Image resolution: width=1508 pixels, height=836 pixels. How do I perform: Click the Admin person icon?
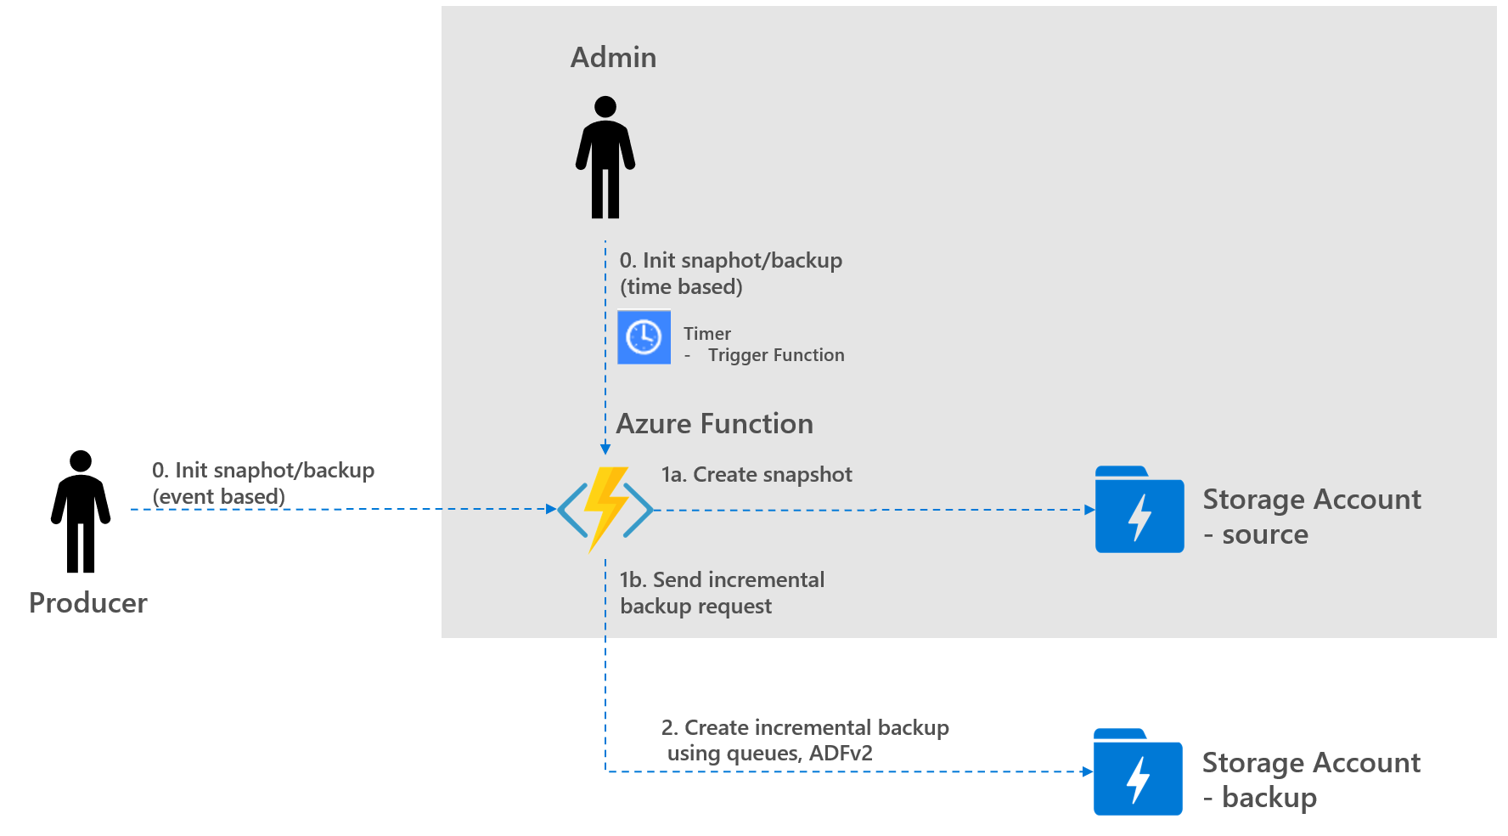[x=605, y=158]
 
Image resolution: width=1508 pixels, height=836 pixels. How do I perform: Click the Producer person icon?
[x=81, y=511]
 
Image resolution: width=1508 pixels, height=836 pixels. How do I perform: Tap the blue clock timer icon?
[x=644, y=337]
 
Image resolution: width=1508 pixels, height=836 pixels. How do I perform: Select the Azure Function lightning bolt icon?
[x=605, y=509]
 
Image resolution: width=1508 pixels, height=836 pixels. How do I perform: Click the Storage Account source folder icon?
[x=1139, y=510]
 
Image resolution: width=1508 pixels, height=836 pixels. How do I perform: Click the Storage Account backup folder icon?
[x=1137, y=772]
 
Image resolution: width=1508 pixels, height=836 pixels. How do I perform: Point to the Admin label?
[x=613, y=58]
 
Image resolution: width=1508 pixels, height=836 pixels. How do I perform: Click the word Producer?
[x=88, y=603]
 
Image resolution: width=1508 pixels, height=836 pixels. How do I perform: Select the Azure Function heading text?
[x=714, y=423]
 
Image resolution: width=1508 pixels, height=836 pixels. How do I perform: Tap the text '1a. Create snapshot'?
[x=757, y=475]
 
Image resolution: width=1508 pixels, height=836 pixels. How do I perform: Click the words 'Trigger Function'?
[x=776, y=355]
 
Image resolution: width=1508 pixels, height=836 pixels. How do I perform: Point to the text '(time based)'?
[x=681, y=287]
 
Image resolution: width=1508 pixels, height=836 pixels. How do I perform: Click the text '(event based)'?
[x=218, y=496]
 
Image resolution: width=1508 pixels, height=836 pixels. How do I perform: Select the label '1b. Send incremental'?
[x=722, y=580]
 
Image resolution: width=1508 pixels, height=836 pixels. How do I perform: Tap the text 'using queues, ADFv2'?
[x=769, y=754]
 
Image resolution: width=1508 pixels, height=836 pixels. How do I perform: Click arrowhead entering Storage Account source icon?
[x=1089, y=510]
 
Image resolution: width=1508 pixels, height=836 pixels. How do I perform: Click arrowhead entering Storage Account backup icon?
[x=1088, y=771]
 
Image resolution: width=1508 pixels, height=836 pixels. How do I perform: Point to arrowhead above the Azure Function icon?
[x=605, y=449]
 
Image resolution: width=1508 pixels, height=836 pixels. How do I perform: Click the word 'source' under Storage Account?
[x=1265, y=535]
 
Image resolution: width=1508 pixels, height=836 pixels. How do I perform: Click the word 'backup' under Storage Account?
[x=1269, y=798]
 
